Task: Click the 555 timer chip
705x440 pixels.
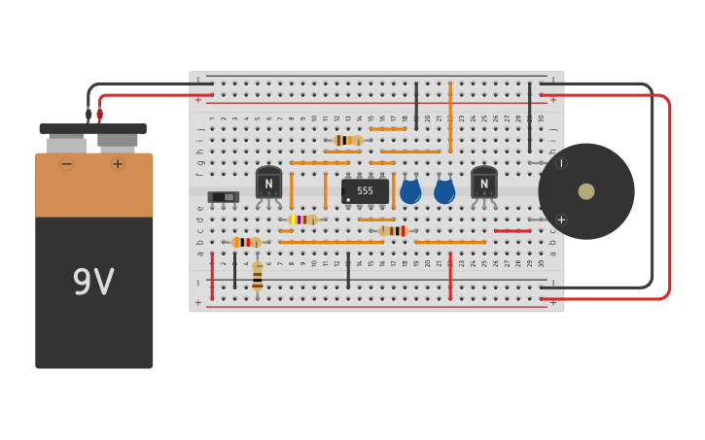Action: (365, 191)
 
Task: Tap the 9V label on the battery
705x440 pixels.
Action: (93, 283)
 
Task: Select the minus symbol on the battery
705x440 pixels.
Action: (66, 164)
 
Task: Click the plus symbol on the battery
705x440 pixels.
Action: (118, 164)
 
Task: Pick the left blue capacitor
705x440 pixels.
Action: (410, 191)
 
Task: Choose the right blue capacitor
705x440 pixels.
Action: (444, 191)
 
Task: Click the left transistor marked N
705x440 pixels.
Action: (268, 183)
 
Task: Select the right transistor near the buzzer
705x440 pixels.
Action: (483, 183)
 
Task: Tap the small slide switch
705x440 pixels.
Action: (223, 197)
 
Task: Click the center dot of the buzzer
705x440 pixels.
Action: (586, 191)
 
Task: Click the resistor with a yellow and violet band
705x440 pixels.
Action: (302, 220)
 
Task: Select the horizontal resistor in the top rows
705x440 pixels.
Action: (347, 140)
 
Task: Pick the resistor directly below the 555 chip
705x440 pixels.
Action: (393, 231)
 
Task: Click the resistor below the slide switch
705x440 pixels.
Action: (245, 242)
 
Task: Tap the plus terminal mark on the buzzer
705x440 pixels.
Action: (561, 220)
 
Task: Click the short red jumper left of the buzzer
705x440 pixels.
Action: (512, 231)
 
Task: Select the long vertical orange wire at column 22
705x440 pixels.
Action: (450, 117)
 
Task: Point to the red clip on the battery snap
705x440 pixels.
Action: (99, 115)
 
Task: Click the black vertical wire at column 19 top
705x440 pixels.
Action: (416, 105)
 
